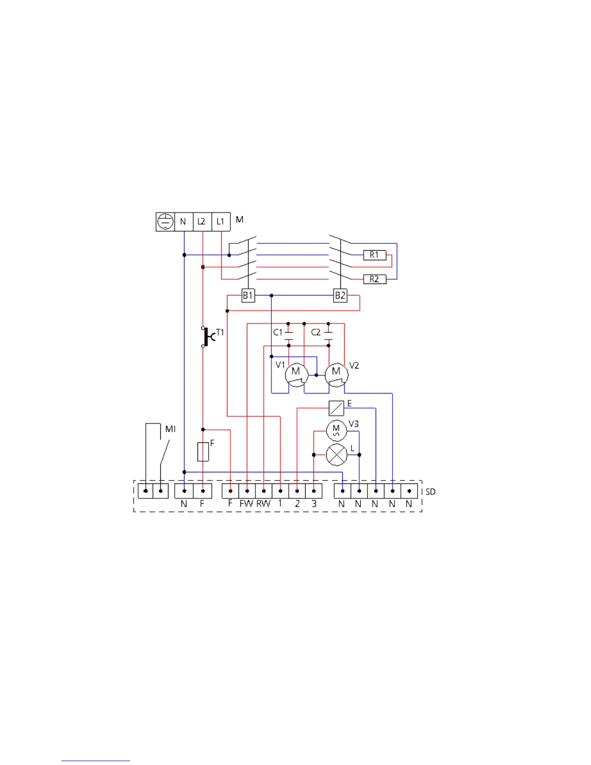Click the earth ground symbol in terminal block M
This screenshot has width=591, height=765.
pos(165,222)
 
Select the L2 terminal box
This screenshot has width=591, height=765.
pos(202,222)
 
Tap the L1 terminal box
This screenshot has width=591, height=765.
pos(221,222)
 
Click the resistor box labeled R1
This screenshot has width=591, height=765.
pos(375,255)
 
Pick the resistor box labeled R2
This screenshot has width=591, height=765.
pos(375,279)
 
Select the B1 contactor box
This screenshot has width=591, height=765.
pos(248,295)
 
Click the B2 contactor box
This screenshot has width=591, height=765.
pos(340,295)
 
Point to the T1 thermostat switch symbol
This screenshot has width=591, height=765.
pos(206,337)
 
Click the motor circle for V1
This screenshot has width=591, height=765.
pos(296,374)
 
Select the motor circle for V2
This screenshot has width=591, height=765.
pos(336,374)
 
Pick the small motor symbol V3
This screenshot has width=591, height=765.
pos(337,430)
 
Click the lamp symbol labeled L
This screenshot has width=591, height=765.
pos(337,455)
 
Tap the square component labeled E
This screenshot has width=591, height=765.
pos(336,409)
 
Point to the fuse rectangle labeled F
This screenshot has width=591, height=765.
pos(203,452)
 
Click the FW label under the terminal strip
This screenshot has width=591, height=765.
pos(246,503)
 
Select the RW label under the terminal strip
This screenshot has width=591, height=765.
pos(264,503)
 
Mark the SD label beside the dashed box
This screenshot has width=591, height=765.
pos(430,492)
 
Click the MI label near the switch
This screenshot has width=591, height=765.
pos(170,429)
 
